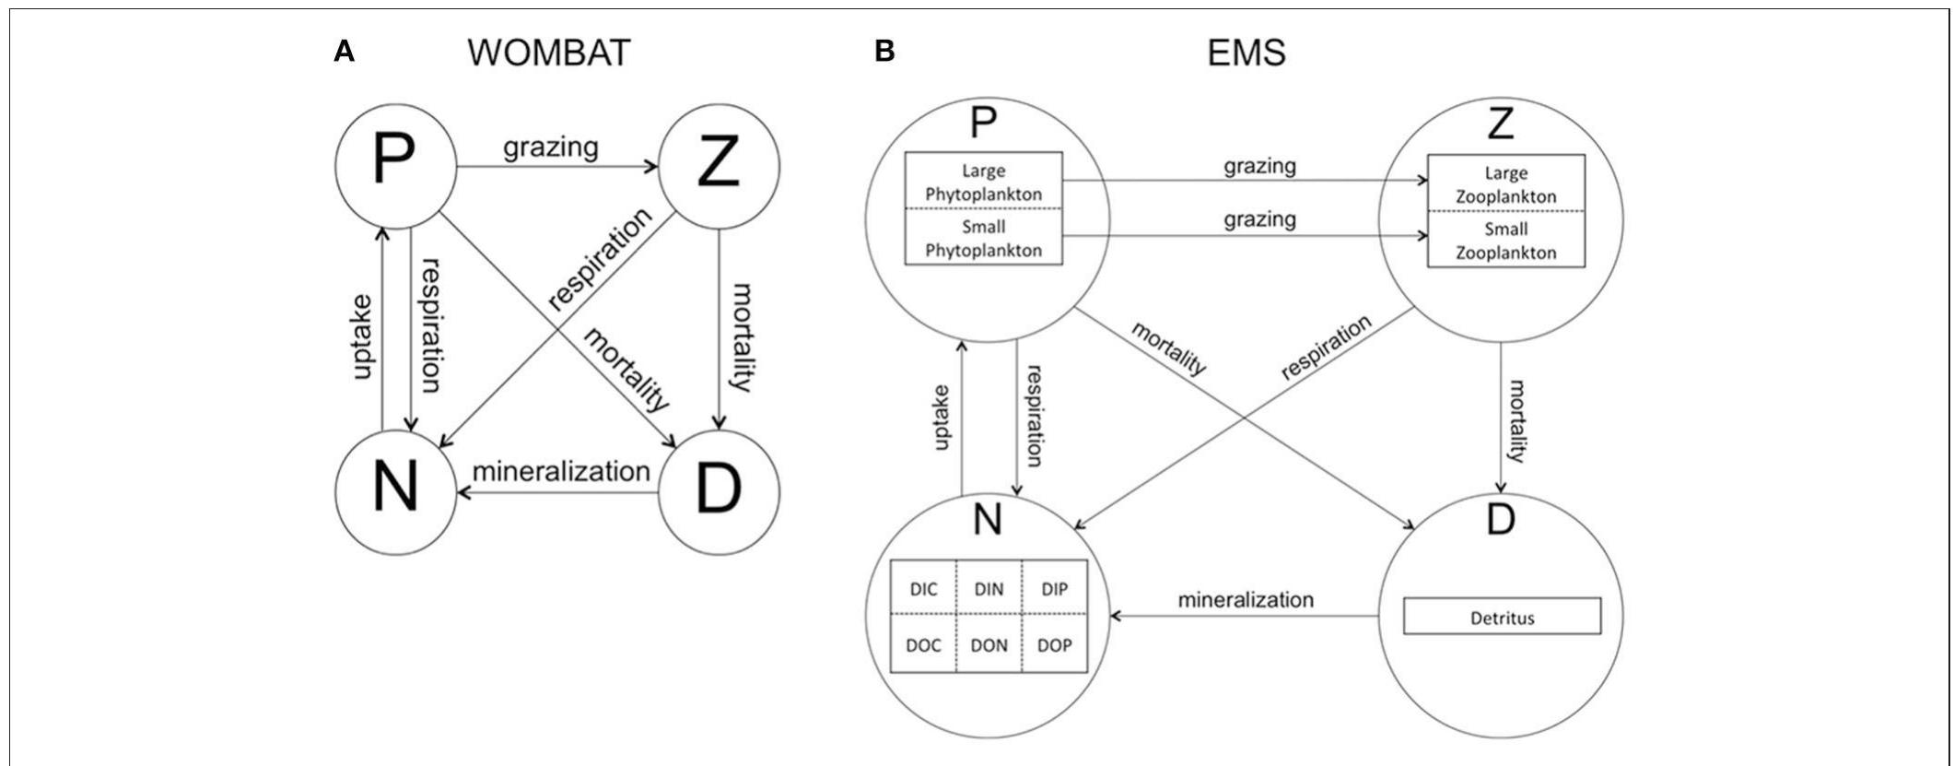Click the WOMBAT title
(x=548, y=53)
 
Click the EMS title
(x=1246, y=53)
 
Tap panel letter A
(x=344, y=52)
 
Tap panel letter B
(x=884, y=52)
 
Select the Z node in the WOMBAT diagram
(x=719, y=166)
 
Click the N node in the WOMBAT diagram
(x=396, y=490)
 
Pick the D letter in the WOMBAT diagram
(x=719, y=491)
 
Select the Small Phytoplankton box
(x=983, y=238)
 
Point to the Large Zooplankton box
(x=1505, y=184)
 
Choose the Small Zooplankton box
(x=1505, y=241)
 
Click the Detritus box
(x=1502, y=617)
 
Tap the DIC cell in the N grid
(x=923, y=589)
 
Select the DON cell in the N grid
(x=989, y=645)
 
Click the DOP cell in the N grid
(x=1054, y=645)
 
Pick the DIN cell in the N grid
(x=989, y=589)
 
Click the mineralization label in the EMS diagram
(x=1246, y=600)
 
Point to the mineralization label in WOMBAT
(x=561, y=471)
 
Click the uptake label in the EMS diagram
(x=942, y=418)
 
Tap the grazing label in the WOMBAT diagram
(x=550, y=147)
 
